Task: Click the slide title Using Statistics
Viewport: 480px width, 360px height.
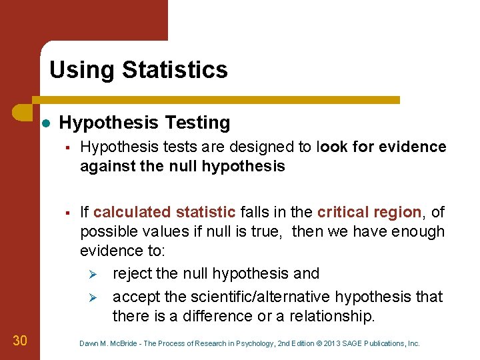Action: [x=138, y=70]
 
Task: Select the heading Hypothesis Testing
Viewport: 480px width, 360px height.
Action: [x=145, y=123]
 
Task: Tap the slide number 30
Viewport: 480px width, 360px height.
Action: [x=20, y=341]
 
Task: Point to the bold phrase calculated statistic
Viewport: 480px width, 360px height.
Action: [x=164, y=213]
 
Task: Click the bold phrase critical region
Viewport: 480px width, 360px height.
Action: [x=369, y=213]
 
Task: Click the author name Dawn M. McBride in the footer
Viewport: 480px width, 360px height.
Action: [x=107, y=344]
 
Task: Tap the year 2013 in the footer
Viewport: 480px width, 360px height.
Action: [x=331, y=344]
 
